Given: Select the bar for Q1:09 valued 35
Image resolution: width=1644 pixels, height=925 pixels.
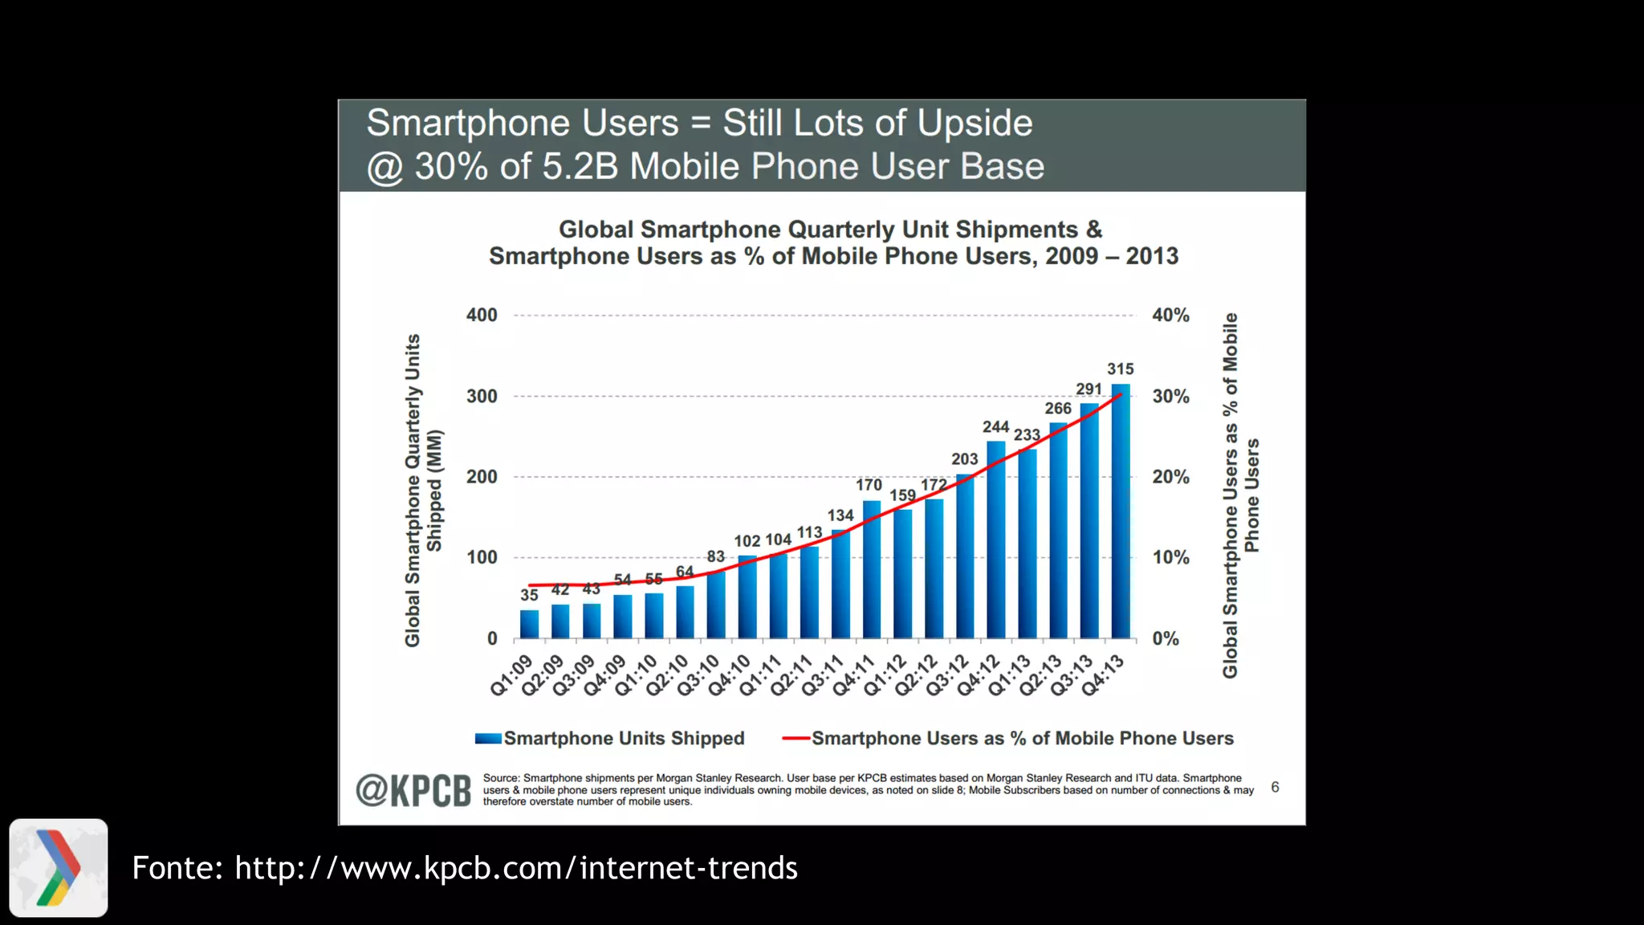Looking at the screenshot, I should pyautogui.click(x=529, y=624).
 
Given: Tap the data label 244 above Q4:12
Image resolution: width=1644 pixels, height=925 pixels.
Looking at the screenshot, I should pyautogui.click(x=995, y=427).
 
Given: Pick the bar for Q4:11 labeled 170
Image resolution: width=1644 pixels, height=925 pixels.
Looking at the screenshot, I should pyautogui.click(x=872, y=569).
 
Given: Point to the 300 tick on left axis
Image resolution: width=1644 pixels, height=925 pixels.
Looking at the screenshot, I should pyautogui.click(x=482, y=397).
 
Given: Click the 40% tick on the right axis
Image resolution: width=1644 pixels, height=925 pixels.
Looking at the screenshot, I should pyautogui.click(x=1170, y=316).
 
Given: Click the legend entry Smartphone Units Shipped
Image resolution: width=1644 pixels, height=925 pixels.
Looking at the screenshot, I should pyautogui.click(x=624, y=739).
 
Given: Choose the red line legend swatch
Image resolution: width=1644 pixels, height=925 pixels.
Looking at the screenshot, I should pyautogui.click(x=796, y=739).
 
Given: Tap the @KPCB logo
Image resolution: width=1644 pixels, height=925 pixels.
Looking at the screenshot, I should pyautogui.click(x=413, y=791).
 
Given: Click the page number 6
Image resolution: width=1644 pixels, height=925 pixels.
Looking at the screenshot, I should pyautogui.click(x=1275, y=788).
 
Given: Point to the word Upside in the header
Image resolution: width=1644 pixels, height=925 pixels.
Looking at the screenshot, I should pyautogui.click(x=975, y=124).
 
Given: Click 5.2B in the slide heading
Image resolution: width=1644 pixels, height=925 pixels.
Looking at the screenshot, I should pyautogui.click(x=580, y=167).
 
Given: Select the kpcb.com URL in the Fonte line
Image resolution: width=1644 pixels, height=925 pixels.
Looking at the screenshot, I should pyautogui.click(x=516, y=868).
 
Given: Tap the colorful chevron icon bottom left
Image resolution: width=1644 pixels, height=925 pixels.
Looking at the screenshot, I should pyautogui.click(x=59, y=868).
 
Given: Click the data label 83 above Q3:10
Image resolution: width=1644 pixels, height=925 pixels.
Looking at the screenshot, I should pyautogui.click(x=715, y=556).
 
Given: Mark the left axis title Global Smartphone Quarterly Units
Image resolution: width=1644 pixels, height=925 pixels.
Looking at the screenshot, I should pyautogui.click(x=413, y=490).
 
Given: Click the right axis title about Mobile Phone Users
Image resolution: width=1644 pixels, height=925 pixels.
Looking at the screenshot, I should pyautogui.click(x=1240, y=495).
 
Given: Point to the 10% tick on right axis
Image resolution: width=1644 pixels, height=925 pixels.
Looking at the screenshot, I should pyautogui.click(x=1170, y=557).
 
